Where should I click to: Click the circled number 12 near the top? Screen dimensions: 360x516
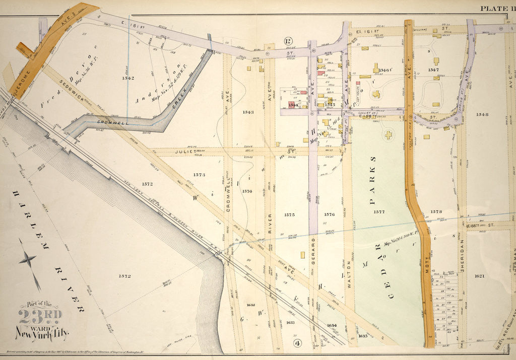pyautogui.click(x=288, y=41)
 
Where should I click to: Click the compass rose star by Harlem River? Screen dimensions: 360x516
pyautogui.click(x=28, y=259)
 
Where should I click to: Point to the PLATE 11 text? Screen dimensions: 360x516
pyautogui.click(x=496, y=8)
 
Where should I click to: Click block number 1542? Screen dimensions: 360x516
pyautogui.click(x=127, y=78)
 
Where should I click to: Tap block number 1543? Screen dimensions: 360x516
pyautogui.click(x=247, y=112)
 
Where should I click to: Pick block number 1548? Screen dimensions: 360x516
pyautogui.click(x=481, y=114)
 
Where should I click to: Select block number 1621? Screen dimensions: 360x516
pyautogui.click(x=479, y=276)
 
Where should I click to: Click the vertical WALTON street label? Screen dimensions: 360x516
pyautogui.click(x=348, y=272)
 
